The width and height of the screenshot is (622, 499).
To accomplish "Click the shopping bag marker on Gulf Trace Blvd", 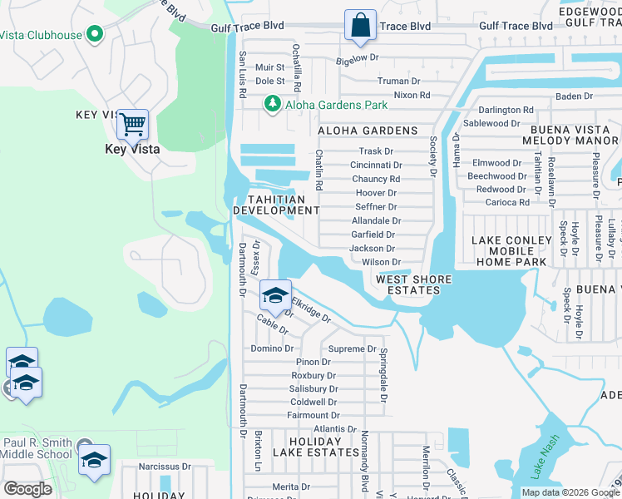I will (x=360, y=27).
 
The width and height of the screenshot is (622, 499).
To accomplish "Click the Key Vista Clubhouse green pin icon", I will (x=94, y=35).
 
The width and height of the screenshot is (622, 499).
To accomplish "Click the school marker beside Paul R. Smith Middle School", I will (x=94, y=459).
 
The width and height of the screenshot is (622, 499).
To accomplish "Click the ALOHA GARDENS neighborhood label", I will (x=367, y=131).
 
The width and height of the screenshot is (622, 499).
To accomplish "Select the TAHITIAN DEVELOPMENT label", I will (x=274, y=205).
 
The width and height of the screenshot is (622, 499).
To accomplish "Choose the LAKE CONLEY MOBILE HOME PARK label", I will (x=511, y=250).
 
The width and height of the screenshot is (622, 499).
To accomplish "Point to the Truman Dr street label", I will (x=398, y=81).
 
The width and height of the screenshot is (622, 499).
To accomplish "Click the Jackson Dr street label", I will (x=372, y=248).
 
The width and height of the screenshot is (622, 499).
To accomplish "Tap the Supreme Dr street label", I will (x=353, y=348).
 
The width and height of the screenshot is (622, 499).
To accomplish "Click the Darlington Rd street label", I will (x=506, y=109).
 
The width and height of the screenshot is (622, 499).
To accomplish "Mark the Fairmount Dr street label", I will (x=313, y=415).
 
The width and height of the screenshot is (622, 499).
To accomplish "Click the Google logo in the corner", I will (x=27, y=489).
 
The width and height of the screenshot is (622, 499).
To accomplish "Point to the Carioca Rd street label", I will (x=507, y=202).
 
